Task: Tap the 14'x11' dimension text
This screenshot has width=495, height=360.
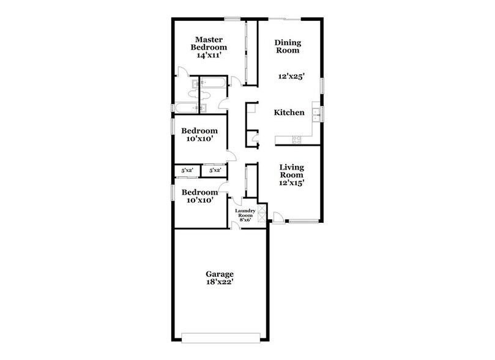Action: coord(208,55)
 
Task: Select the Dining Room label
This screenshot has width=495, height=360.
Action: coord(287,47)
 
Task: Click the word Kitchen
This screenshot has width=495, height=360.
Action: coord(289,113)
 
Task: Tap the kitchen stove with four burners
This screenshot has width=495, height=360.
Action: coord(297,139)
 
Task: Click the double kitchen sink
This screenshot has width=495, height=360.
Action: coord(316,113)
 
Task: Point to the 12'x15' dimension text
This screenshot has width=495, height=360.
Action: coord(292,182)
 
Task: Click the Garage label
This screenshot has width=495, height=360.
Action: coord(220,274)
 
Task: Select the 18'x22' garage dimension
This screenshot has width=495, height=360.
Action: coord(220,283)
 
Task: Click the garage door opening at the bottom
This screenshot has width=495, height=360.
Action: coord(224,336)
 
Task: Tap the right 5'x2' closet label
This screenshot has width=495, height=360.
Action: coord(215,170)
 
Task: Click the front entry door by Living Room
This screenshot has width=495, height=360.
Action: coord(277,216)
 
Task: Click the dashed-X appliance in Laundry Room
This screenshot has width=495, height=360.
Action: coord(262,212)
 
